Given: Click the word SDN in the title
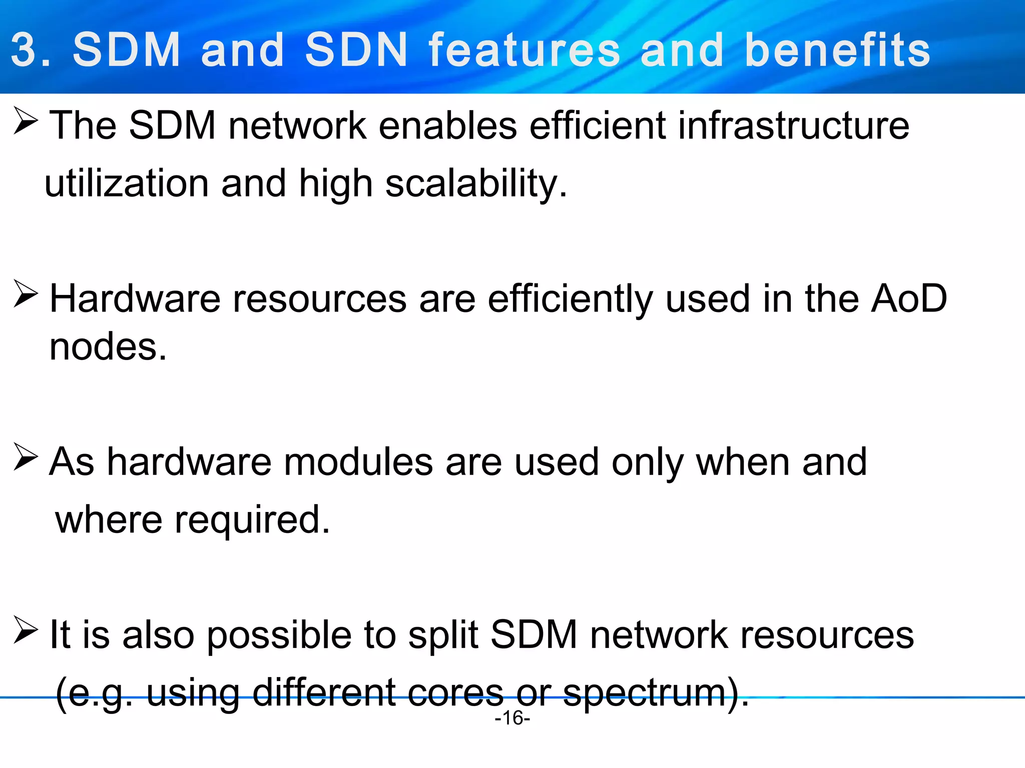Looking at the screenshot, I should tap(356, 49).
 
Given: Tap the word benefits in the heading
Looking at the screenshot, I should tap(837, 49).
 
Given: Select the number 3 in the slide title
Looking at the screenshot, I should tap(24, 49).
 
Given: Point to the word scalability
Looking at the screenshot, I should tap(476, 184).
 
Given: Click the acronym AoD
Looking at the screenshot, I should tap(909, 298).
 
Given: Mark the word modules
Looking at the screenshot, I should tap(358, 461).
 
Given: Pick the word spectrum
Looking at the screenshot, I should tap(645, 693).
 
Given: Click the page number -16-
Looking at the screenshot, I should tap(512, 718).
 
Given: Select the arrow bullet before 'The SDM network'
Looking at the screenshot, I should tap(26, 121).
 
